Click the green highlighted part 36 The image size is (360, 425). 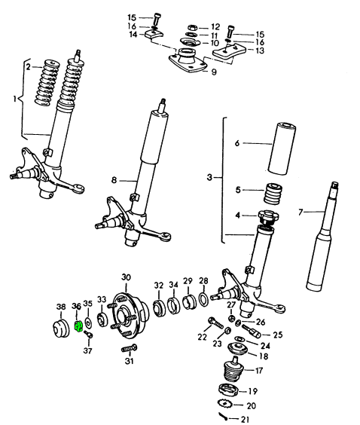click(78, 326)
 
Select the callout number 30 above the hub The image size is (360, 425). click(126, 277)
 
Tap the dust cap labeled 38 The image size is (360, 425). click(60, 329)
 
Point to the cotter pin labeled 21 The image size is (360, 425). click(224, 416)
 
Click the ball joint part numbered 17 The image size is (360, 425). click(233, 369)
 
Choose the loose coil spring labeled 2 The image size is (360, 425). click(47, 82)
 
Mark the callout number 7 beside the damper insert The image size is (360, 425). click(301, 212)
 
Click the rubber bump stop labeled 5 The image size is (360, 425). click(273, 194)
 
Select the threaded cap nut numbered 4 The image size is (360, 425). click(269, 216)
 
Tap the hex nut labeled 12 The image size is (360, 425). click(193, 28)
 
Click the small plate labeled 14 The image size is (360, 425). click(154, 34)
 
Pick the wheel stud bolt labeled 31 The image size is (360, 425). click(129, 348)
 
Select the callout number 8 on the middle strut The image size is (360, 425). click(114, 180)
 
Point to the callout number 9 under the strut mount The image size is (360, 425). click(214, 72)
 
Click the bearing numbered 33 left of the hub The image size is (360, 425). click(102, 320)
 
